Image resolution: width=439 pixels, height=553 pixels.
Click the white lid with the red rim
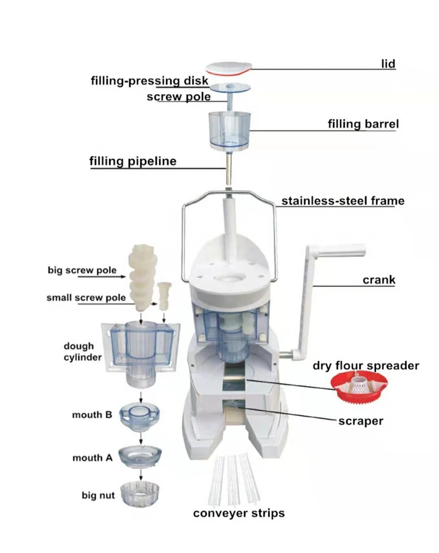(228, 68)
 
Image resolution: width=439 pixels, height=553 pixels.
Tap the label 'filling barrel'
(363, 125)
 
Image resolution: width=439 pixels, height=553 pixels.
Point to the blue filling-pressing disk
(228, 88)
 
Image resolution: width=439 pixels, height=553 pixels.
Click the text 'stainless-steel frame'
(342, 201)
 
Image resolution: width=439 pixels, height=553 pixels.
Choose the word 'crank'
(379, 280)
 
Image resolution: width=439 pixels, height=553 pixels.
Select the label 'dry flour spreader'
(366, 366)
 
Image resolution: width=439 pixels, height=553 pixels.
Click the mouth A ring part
(140, 456)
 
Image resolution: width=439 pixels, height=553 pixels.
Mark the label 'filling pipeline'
(132, 161)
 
